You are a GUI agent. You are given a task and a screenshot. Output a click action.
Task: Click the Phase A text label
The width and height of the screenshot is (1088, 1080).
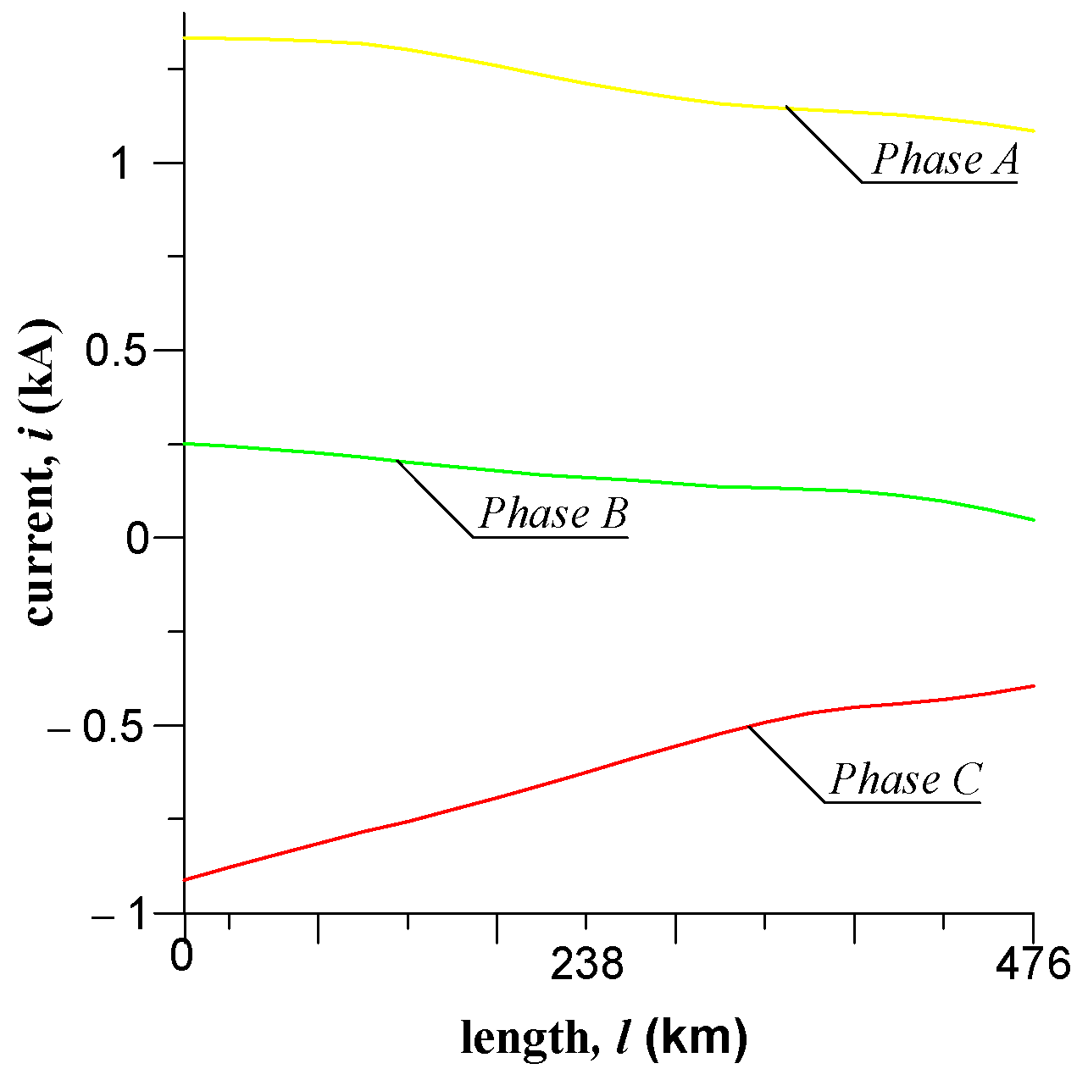(x=945, y=159)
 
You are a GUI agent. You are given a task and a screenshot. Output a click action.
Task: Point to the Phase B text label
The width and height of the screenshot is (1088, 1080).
(x=553, y=513)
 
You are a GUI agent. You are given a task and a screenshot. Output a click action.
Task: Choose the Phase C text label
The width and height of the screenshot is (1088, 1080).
(x=905, y=779)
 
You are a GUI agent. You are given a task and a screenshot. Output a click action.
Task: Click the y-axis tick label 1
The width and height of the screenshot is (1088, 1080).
(x=121, y=163)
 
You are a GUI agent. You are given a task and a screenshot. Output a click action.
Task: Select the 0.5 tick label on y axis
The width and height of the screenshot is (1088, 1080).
(x=116, y=351)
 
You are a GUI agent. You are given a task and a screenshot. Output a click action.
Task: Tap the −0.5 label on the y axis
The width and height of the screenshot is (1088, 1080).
(x=100, y=726)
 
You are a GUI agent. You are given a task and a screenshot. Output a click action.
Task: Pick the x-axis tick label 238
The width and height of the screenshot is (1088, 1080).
(x=586, y=964)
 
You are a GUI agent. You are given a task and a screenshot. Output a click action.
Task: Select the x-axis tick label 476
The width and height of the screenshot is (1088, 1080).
(x=1034, y=964)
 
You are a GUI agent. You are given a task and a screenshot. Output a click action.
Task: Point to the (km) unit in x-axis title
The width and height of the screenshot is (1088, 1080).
(x=696, y=1037)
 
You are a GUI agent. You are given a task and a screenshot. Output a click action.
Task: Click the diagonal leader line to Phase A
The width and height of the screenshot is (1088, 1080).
(x=824, y=144)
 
